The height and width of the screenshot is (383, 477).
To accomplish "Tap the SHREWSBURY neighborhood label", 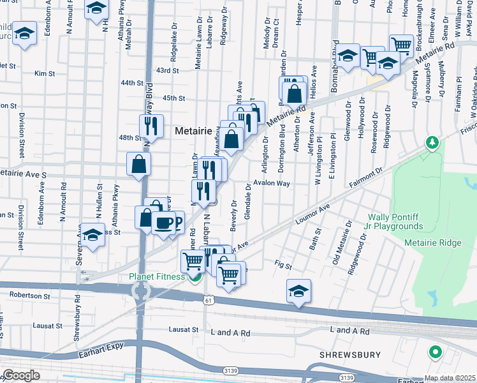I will [x=350, y=354].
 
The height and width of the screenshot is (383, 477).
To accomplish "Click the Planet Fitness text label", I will [x=156, y=276].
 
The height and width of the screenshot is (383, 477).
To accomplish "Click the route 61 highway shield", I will [x=208, y=299].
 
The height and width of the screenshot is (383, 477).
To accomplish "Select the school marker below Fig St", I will [x=298, y=291].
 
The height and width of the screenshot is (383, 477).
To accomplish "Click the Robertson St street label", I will [x=29, y=296].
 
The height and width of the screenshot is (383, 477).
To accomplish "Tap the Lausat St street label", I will [x=184, y=329].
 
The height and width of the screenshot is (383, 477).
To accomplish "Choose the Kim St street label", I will [x=45, y=74].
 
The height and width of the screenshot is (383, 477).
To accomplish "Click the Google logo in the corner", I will [x=20, y=375].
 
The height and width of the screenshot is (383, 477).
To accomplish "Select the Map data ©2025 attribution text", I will [x=449, y=378].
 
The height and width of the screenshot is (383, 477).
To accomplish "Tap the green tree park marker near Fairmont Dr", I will [x=432, y=142].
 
